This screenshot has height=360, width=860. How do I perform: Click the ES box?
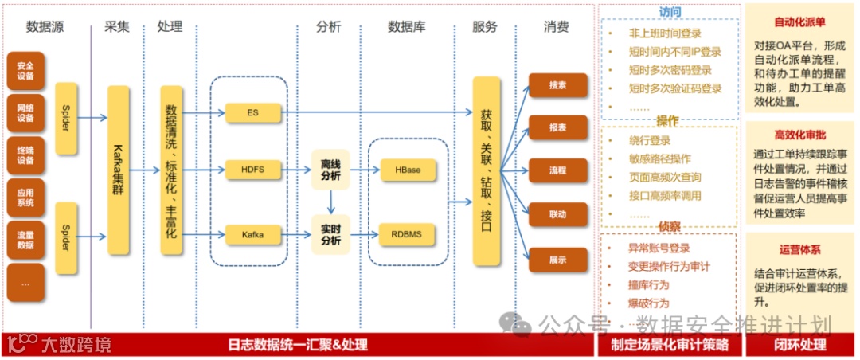point(252,113)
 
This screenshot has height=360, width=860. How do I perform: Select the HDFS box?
point(252,170)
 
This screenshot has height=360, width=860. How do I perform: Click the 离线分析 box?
point(330,170)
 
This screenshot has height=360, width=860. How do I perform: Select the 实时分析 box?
point(330,234)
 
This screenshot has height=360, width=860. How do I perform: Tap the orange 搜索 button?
point(557,84)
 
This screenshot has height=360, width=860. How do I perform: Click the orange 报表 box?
point(557,127)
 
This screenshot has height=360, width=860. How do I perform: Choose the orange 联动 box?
point(557,215)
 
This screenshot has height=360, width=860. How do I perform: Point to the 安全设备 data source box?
point(25,71)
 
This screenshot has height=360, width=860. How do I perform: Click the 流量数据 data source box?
point(25,240)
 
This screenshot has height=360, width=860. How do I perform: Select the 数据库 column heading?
point(406,26)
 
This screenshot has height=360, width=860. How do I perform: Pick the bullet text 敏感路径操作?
point(659,158)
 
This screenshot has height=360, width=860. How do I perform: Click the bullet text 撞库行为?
point(648,285)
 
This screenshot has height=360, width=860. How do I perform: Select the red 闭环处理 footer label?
point(799,346)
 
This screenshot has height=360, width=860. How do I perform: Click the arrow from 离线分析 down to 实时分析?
point(330,202)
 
